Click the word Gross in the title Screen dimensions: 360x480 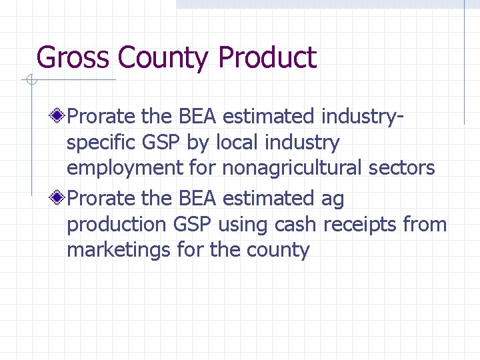(74, 58)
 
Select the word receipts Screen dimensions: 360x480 (360, 225)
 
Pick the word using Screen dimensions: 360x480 (243, 225)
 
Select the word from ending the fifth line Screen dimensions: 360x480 (425, 225)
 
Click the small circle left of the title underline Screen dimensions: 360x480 (31, 81)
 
